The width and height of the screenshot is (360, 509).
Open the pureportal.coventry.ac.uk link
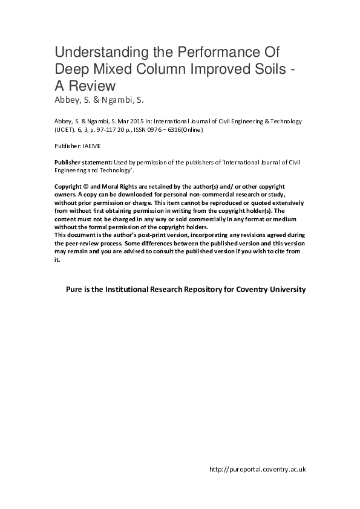pos(257,469)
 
